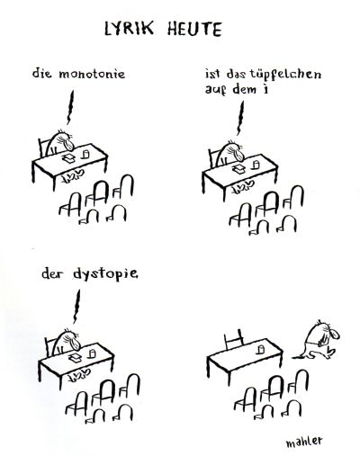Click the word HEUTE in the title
194,29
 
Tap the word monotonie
92,74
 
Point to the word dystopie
105,274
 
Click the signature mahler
304,441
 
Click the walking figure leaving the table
318,341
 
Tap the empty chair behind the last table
234,339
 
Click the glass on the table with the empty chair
261,349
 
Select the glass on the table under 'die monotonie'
85,154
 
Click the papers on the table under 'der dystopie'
75,358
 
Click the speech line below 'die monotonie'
71,108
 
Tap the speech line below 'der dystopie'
76,307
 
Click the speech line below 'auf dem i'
240,118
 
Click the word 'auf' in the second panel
215,90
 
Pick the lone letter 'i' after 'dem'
265,89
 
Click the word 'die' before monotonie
42,74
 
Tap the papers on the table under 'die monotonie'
68,158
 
